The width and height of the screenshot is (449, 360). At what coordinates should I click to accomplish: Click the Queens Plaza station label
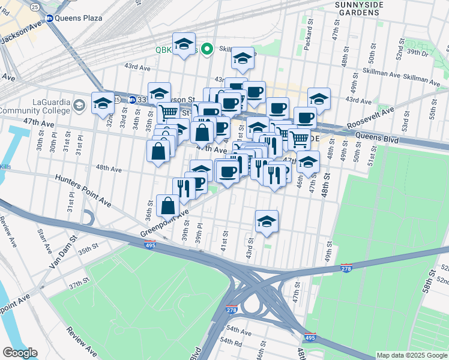(77, 18)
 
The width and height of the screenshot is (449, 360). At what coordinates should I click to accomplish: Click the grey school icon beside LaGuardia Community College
(79, 106)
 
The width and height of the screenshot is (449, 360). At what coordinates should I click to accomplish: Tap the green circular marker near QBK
(207, 49)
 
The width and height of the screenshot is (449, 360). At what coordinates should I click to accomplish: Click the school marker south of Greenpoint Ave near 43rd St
(267, 221)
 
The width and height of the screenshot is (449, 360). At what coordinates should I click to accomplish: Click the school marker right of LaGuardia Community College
(103, 103)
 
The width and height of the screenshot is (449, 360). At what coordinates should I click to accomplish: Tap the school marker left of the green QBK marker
(184, 44)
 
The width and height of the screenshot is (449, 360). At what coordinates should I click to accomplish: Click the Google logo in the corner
(19, 353)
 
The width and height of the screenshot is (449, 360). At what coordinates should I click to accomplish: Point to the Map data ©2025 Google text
(412, 355)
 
